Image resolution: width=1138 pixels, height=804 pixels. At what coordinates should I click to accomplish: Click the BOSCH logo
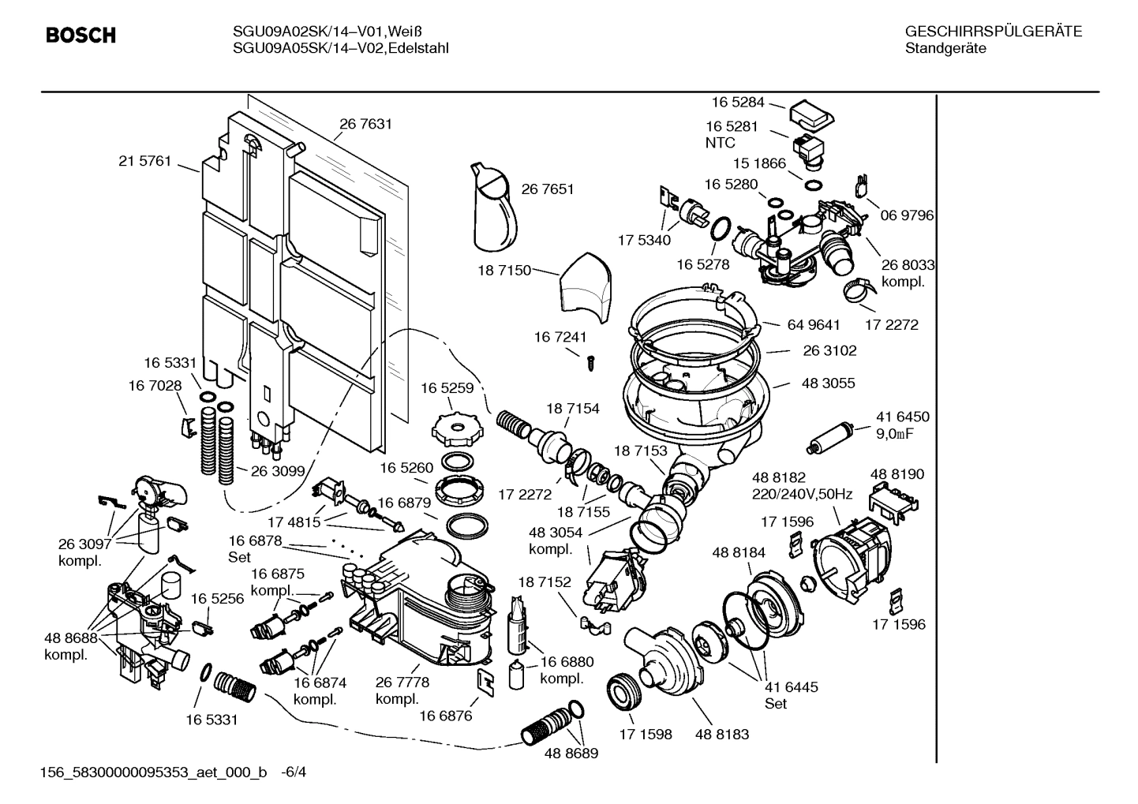tap(80, 36)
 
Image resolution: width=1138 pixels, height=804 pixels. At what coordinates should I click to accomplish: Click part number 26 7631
tap(365, 124)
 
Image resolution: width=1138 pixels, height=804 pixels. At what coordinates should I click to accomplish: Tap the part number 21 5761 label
tap(144, 161)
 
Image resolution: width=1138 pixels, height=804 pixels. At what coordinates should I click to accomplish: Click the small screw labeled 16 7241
tap(589, 362)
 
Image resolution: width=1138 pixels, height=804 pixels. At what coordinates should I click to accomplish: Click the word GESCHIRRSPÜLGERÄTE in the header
tap(993, 32)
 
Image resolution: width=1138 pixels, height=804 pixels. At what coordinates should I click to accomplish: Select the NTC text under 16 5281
tap(720, 143)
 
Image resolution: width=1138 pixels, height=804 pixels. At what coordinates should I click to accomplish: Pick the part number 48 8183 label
tap(722, 735)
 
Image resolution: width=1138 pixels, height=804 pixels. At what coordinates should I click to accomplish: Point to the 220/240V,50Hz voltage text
tap(802, 495)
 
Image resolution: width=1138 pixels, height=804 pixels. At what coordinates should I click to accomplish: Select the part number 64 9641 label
tap(813, 324)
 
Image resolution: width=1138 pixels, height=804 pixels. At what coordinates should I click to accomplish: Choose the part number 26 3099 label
tap(277, 471)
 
